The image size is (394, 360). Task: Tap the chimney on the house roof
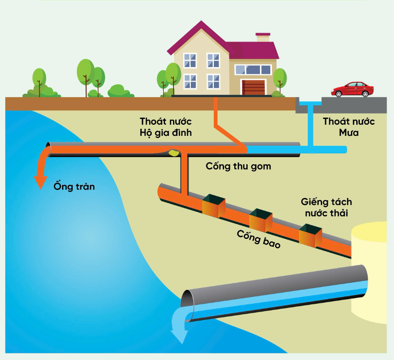coord(263,37)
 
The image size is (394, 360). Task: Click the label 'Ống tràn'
coord(74,186)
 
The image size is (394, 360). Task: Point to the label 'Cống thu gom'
coord(238,166)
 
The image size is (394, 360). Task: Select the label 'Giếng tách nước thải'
coord(326,207)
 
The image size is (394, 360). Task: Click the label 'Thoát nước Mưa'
coord(349,127)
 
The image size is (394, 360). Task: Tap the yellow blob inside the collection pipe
coord(173,153)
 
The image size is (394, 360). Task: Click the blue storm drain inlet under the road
coord(311,105)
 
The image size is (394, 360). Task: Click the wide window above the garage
coord(253,70)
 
